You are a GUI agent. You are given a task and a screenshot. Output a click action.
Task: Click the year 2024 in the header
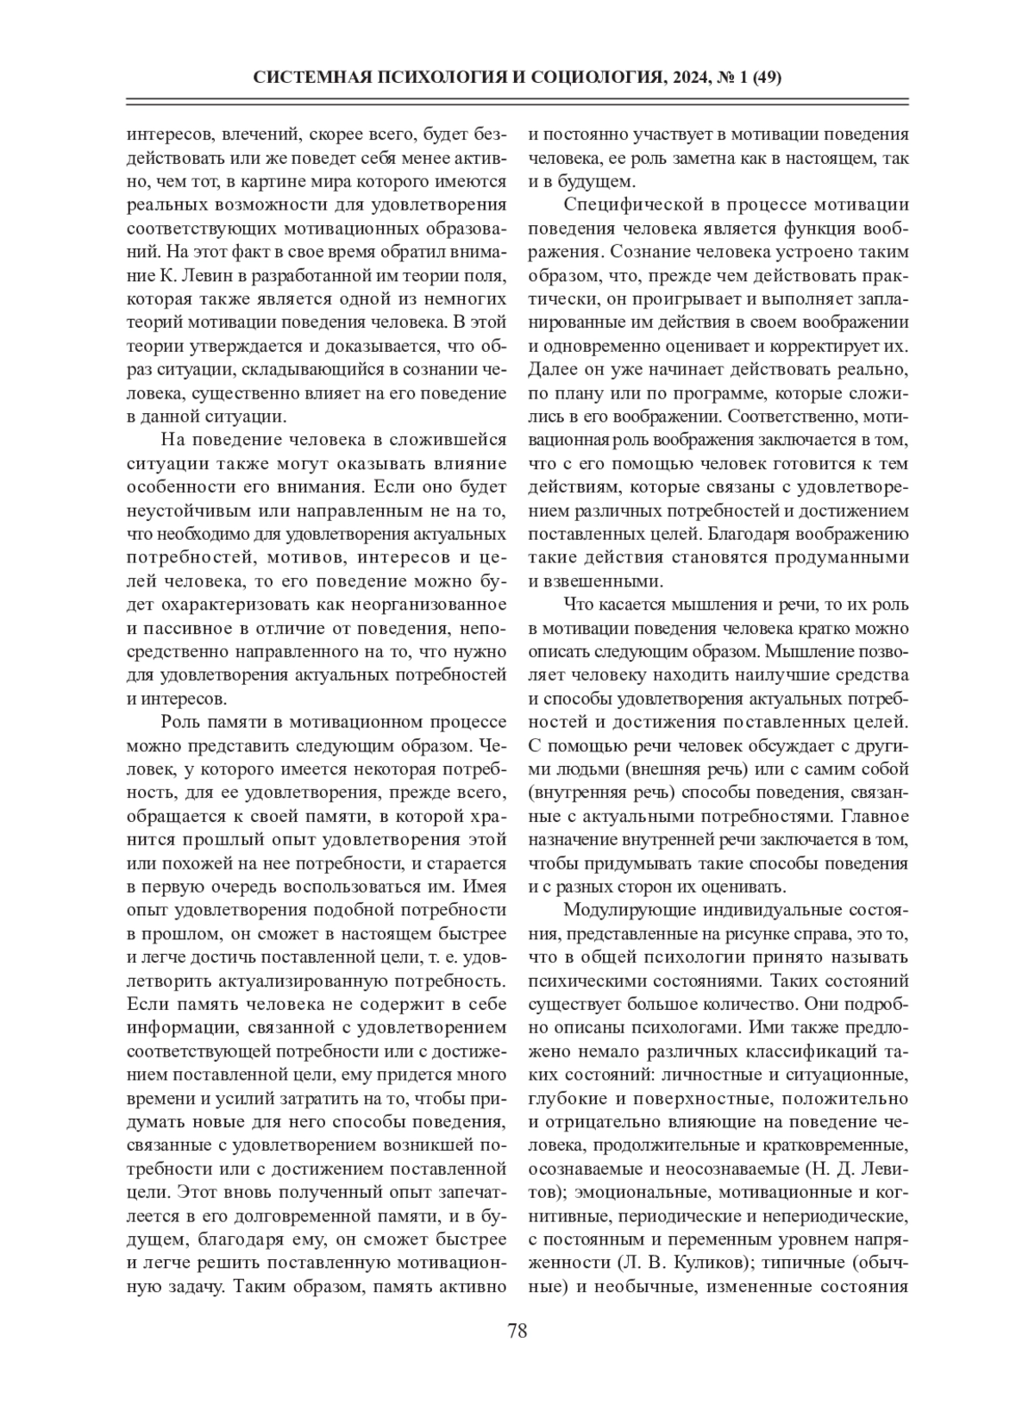click(687, 78)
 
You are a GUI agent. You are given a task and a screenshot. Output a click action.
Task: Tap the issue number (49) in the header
click(767, 78)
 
